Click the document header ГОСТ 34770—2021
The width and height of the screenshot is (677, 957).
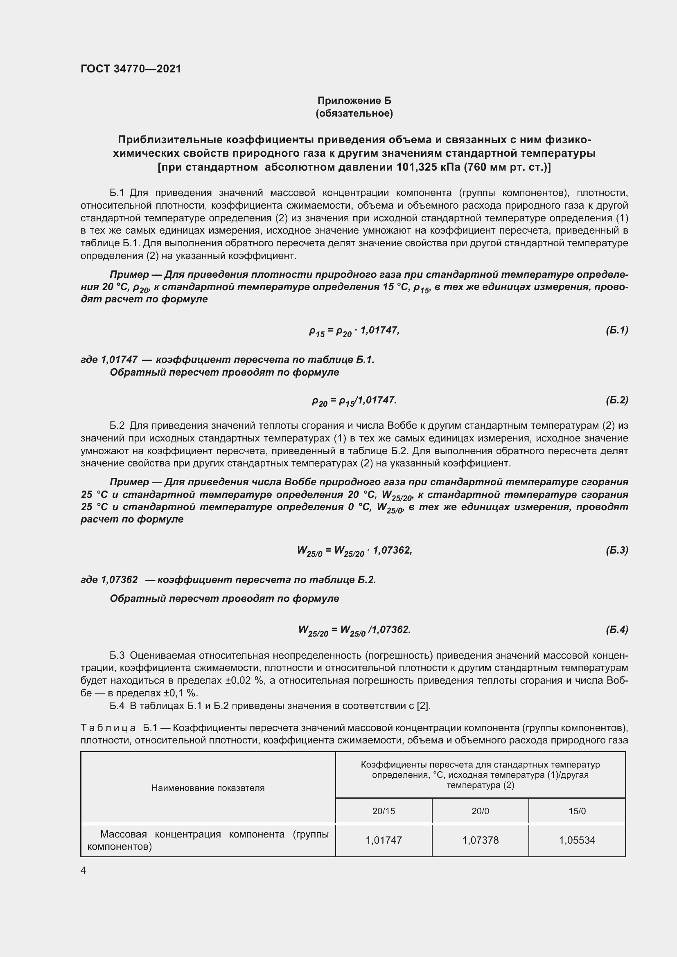(131, 69)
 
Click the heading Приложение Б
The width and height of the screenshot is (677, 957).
(354, 101)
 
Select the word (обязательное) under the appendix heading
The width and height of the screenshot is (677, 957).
(354, 113)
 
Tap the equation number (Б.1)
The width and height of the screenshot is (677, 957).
(616, 330)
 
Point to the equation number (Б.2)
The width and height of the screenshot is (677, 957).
(616, 400)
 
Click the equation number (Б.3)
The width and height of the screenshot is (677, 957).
(616, 550)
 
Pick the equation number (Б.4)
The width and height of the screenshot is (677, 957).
(616, 629)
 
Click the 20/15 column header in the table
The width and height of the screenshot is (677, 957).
(384, 811)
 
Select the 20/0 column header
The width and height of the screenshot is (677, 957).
(480, 811)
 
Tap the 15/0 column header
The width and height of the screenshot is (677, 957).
(578, 811)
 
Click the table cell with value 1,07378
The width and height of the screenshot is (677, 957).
(480, 840)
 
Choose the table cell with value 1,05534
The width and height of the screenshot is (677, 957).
(578, 840)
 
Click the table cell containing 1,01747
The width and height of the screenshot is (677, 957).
(384, 840)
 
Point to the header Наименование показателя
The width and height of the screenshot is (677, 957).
(208, 788)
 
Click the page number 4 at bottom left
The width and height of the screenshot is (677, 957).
(83, 871)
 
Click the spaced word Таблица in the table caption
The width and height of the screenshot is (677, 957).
(108, 728)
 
